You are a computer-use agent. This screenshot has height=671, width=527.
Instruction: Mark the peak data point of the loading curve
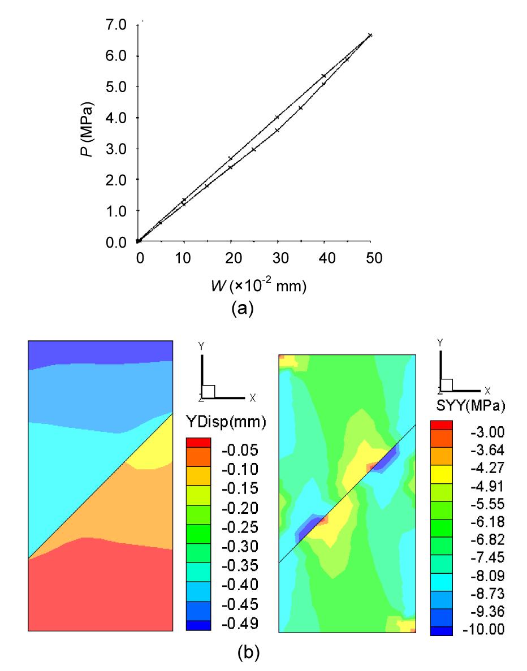click(x=370, y=35)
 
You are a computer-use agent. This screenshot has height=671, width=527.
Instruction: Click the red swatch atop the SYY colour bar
click(x=440, y=425)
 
